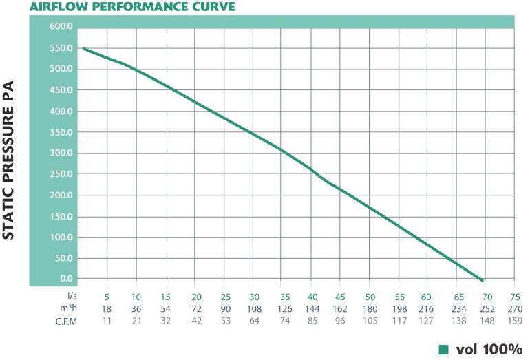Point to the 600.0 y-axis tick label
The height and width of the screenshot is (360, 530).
coord(61,27)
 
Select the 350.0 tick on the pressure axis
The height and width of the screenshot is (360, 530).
coord(61,132)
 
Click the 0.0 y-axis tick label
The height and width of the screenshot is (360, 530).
coord(66,279)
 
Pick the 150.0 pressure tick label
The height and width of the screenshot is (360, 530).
coord(61,216)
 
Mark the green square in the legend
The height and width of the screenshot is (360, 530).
coord(443,348)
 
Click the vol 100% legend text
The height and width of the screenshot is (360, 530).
coord(489,348)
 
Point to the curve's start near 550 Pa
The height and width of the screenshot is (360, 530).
coord(83,48)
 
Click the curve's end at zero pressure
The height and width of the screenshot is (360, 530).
coord(483,280)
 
